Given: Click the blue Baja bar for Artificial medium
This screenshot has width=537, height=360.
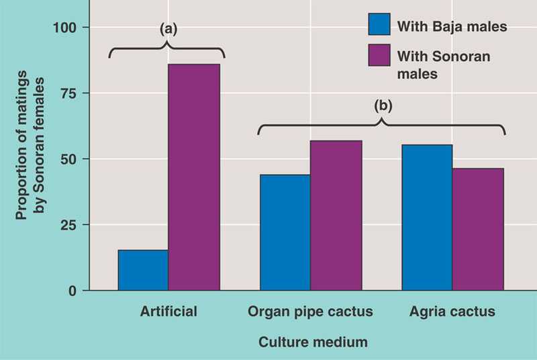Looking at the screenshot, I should [x=143, y=270].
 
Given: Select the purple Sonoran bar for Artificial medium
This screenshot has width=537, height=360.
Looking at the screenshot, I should [x=194, y=177].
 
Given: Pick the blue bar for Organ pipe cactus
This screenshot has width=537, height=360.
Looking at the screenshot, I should [x=285, y=232].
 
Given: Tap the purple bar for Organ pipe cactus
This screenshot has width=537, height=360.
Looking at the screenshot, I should [x=336, y=216].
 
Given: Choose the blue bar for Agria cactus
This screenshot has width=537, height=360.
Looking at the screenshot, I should [x=427, y=218].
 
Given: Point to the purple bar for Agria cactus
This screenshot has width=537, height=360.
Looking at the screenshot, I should [x=478, y=229].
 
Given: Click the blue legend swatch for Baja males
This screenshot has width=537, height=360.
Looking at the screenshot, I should [x=379, y=26].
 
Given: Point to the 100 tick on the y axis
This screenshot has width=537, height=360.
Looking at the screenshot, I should [x=70, y=28].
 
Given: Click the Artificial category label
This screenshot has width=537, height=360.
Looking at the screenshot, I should [x=169, y=312].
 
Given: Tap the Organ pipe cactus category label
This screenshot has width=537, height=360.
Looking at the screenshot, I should [x=310, y=312].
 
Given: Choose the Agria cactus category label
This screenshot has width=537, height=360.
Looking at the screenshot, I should [x=452, y=312].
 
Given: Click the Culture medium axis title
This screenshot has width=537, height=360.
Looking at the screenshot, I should [x=313, y=342].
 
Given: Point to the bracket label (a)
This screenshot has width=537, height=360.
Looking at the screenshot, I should [x=167, y=29].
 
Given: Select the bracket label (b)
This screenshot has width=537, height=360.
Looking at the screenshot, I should [x=383, y=105].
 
